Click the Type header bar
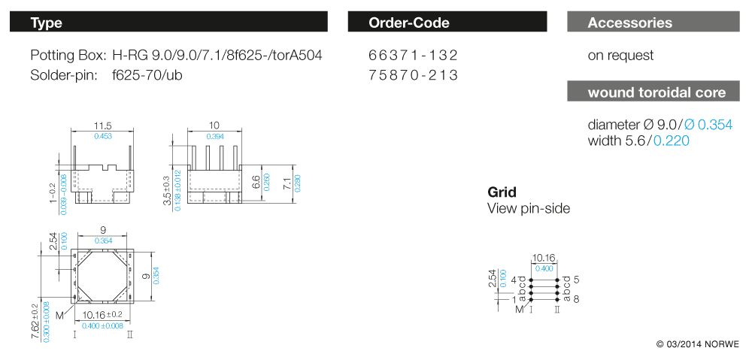pyautogui.click(x=168, y=23)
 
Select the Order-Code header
pyautogui.click(x=447, y=23)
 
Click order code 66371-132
pyautogui.click(x=413, y=56)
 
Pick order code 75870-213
pyautogui.click(x=413, y=75)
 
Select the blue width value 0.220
pyautogui.click(x=671, y=141)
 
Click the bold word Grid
pyautogui.click(x=502, y=192)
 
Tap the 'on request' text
pyautogui.click(x=620, y=56)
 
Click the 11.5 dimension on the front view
pyautogui.click(x=103, y=126)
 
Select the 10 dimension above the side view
pyautogui.click(x=214, y=126)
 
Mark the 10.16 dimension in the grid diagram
pyautogui.click(x=544, y=258)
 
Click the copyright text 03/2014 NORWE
pyautogui.click(x=697, y=344)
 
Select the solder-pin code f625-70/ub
pyautogui.click(x=147, y=75)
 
